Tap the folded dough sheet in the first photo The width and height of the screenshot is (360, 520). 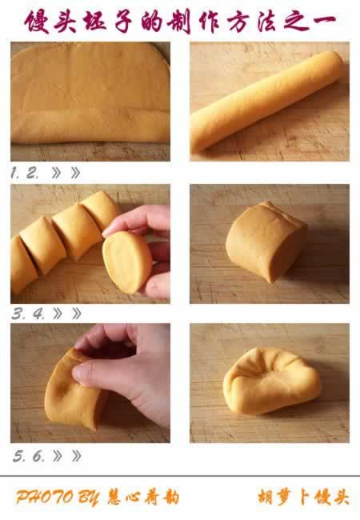90,93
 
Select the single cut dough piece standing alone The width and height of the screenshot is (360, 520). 265,242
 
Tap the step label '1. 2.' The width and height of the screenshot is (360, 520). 24,173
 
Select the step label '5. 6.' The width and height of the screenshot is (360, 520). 29,456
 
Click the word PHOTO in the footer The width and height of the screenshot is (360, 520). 45,497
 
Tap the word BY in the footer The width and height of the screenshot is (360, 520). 89,498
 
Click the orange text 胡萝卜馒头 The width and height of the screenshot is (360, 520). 303,497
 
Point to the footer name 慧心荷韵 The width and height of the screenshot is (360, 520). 143,497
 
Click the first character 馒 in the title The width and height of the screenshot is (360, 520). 38,22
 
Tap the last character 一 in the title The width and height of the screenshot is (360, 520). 322,21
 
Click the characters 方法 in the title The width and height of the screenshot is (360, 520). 254,22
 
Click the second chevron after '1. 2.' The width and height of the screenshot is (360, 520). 75,173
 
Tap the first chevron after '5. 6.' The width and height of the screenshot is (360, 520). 57,456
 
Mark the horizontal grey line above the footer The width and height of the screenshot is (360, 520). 180,476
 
